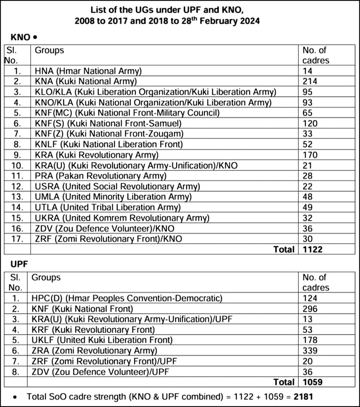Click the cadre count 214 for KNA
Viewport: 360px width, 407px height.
(309, 81)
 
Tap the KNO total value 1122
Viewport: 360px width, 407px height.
(312, 249)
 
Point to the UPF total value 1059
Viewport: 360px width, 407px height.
(312, 382)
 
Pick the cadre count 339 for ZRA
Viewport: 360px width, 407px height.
(309, 350)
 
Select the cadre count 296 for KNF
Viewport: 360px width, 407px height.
(309, 309)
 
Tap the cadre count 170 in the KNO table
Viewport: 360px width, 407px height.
(309, 155)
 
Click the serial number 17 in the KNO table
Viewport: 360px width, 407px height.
(17, 238)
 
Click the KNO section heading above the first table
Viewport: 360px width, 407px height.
(21, 37)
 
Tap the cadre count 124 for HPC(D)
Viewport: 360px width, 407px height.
(309, 298)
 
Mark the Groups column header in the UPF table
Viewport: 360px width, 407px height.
(45, 278)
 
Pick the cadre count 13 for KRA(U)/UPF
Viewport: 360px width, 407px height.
(307, 319)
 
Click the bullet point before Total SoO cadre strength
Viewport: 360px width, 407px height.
(16, 397)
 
